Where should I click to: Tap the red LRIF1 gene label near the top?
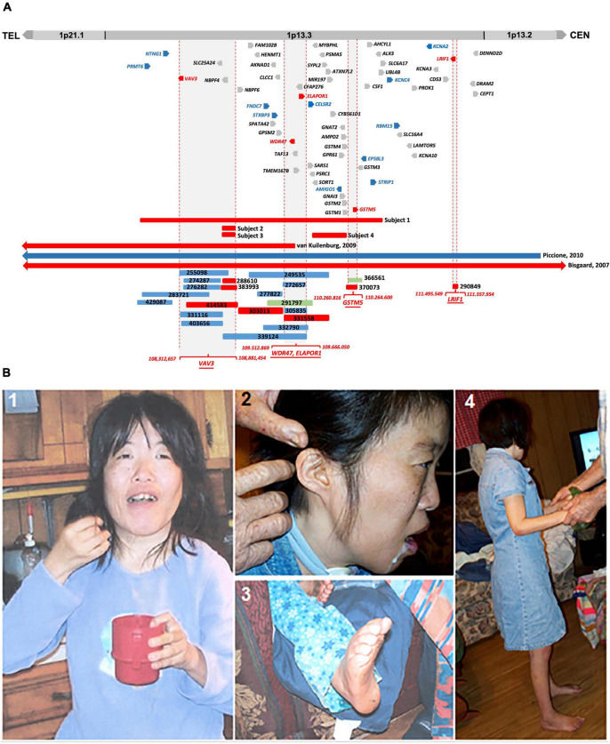[x=442, y=59]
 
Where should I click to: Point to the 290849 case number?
[x=475, y=286]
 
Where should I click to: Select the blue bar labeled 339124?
[x=266, y=337]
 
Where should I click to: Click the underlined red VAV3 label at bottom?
[x=206, y=364]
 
